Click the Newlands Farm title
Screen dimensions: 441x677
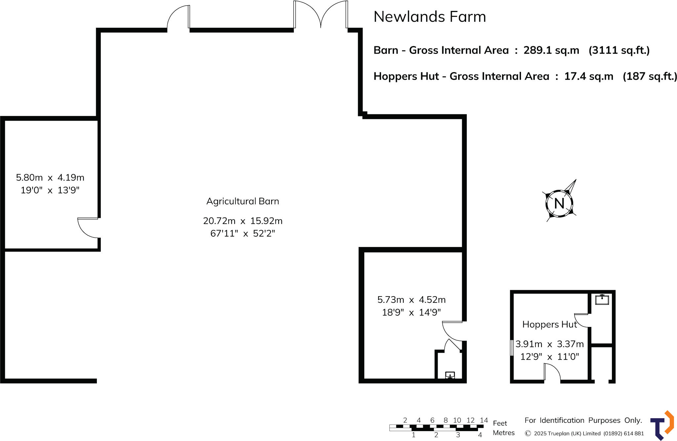429,17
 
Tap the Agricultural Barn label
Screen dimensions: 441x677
243,201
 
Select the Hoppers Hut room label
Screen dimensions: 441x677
549,325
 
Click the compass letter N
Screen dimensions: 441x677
559,204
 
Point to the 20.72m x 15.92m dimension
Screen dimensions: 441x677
243,221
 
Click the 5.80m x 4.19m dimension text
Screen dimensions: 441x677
50,178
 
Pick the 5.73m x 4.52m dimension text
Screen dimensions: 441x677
412,300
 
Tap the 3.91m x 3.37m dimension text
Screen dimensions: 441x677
549,344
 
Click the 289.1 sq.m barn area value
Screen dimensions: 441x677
551,50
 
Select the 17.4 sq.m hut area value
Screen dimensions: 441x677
588,76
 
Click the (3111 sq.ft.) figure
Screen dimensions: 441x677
619,50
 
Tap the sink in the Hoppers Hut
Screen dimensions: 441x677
602,300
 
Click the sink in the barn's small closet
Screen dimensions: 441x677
450,375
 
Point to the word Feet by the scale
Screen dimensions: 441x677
500,423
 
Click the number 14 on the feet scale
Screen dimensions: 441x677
484,420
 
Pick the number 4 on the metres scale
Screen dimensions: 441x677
480,435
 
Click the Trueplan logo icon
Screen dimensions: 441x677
662,425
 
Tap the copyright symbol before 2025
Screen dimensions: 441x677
528,433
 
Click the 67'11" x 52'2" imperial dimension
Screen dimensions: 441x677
243,234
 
